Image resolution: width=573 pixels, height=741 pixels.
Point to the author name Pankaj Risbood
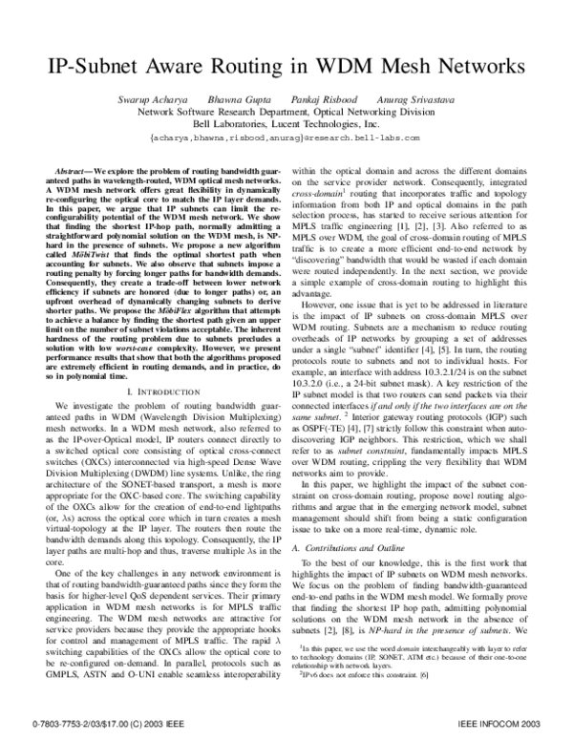coord(324,98)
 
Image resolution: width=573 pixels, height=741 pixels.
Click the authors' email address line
coord(286,138)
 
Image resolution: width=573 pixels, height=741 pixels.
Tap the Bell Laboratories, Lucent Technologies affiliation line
coord(286,123)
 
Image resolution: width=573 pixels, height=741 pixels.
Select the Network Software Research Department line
coord(286,111)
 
